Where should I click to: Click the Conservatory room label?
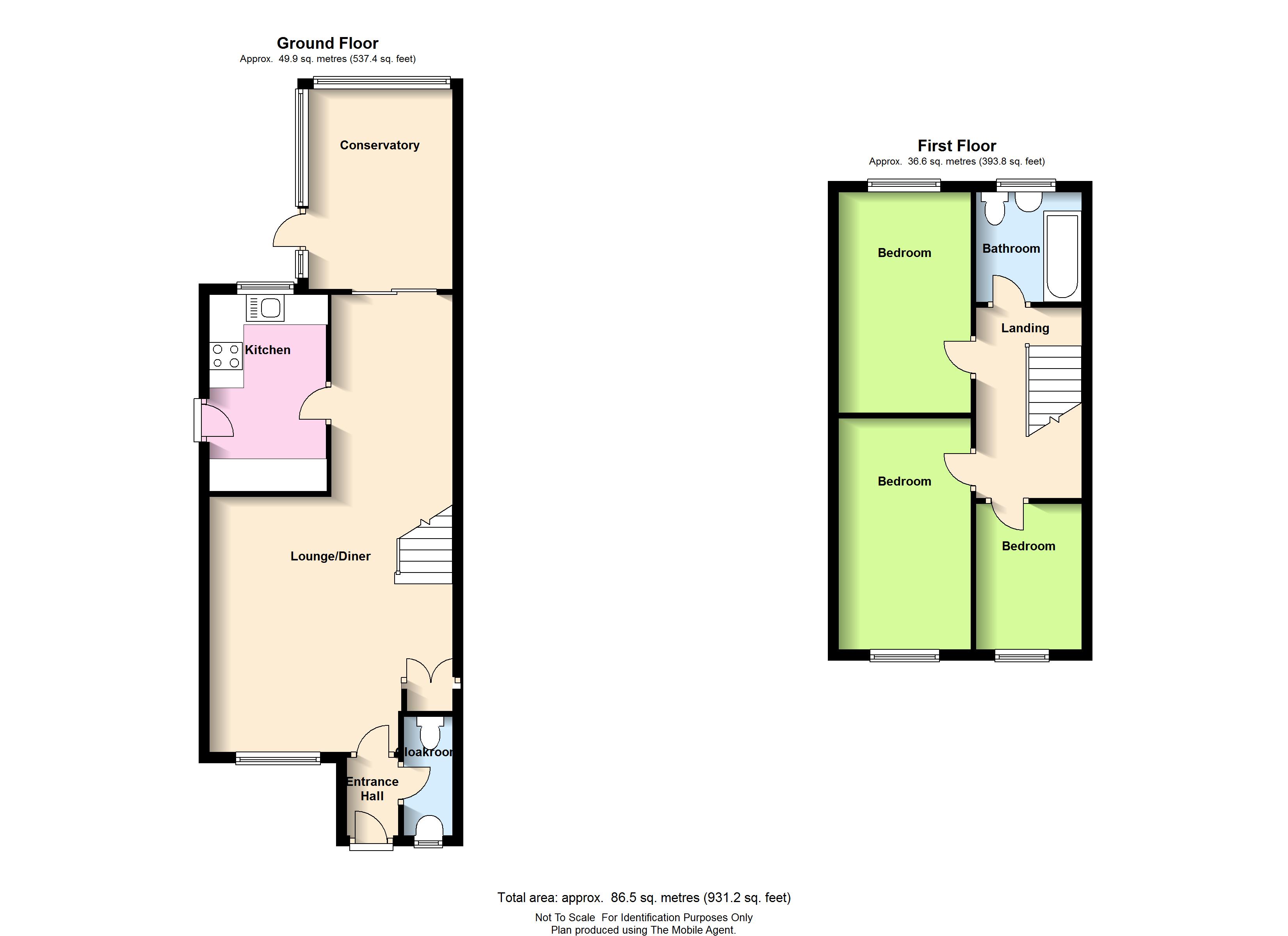tap(379, 145)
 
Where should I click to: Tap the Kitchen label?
tap(267, 350)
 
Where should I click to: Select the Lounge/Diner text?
tap(331, 556)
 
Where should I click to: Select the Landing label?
tap(1025, 328)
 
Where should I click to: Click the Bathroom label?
tap(1011, 248)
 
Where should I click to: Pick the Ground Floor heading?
tap(328, 43)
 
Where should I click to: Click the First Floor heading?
tap(957, 146)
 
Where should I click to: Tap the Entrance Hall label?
tap(372, 789)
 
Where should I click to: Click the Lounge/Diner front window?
tap(278, 758)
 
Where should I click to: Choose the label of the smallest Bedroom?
tap(1028, 546)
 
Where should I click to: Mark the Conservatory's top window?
tap(382, 82)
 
